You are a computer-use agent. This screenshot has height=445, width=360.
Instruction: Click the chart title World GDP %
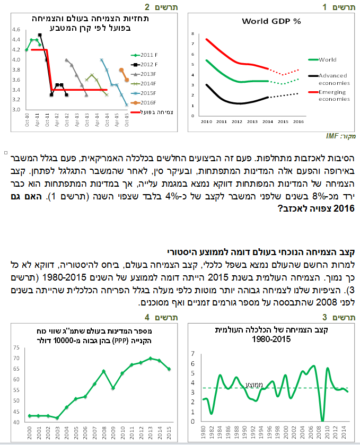click(x=271, y=21)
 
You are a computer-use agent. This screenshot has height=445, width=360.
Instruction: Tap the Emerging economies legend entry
click(x=329, y=95)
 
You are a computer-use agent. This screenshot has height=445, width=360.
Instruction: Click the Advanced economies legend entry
click(x=329, y=80)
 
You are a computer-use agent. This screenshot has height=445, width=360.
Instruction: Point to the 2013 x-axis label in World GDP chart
click(x=252, y=121)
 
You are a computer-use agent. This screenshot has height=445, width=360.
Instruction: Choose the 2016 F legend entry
click(x=144, y=103)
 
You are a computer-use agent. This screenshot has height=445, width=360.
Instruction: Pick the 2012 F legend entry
click(x=144, y=64)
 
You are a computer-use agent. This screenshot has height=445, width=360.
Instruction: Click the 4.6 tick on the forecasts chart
click(x=16, y=30)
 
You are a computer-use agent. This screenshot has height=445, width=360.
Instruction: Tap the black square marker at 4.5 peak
click(x=40, y=35)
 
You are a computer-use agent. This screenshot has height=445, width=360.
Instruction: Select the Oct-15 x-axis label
click(x=127, y=120)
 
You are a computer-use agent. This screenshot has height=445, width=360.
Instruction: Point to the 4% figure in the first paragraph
click(x=172, y=196)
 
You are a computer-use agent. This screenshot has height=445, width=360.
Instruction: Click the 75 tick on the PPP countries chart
click(x=16, y=347)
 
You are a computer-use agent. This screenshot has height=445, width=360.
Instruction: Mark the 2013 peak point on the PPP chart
click(x=151, y=359)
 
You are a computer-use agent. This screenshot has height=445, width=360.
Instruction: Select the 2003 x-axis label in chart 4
click(x=57, y=433)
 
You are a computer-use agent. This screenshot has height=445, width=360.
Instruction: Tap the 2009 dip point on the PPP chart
click(x=113, y=388)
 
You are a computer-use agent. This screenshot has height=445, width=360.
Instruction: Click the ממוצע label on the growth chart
click(x=254, y=385)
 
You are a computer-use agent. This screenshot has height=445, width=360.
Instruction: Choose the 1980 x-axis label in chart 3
click(x=203, y=432)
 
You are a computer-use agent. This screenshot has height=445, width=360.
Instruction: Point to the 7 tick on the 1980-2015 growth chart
click(x=193, y=354)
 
